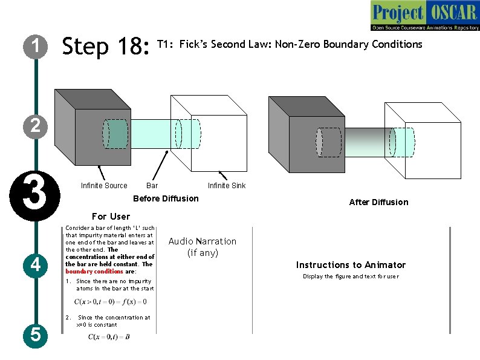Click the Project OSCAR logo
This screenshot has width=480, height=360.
click(425, 16)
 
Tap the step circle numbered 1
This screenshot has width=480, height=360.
click(36, 46)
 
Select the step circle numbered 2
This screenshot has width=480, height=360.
click(36, 126)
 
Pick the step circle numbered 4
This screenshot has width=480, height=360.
click(36, 264)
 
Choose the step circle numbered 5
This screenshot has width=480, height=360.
click(36, 334)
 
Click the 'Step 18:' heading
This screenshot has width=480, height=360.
click(106, 46)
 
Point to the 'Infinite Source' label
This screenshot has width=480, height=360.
click(104, 186)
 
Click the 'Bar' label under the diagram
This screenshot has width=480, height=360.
click(152, 186)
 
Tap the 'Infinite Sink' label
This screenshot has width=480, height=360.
click(227, 186)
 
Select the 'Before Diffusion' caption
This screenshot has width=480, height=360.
click(165, 198)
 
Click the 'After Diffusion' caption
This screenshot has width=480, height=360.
click(378, 202)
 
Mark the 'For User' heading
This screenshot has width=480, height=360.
click(111, 216)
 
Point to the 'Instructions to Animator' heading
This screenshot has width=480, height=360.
click(351, 264)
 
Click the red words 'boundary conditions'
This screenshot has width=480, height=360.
click(85, 272)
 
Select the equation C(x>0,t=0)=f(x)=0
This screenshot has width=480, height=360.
click(111, 301)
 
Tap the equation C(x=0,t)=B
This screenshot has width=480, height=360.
click(109, 336)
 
